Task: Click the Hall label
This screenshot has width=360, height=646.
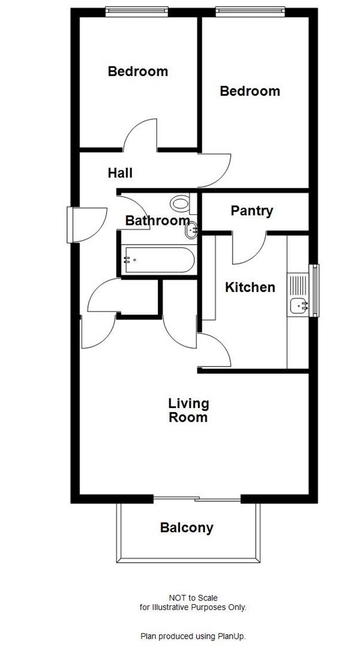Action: click(x=120, y=173)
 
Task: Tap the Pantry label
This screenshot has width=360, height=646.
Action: click(x=252, y=211)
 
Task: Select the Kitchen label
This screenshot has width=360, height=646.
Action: click(x=250, y=288)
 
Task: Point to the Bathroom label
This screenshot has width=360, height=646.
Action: click(x=157, y=221)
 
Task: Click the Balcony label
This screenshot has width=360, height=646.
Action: click(x=187, y=528)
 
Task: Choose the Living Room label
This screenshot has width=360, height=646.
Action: click(x=188, y=410)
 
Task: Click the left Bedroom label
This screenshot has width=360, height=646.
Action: click(x=138, y=72)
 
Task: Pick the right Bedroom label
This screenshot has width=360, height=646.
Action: click(x=250, y=92)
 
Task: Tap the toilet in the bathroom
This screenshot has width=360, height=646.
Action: click(x=179, y=203)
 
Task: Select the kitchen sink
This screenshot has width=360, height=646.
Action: click(x=298, y=306)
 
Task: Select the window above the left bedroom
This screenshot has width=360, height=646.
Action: click(x=135, y=10)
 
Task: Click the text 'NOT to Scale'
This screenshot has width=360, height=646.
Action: click(x=193, y=598)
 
